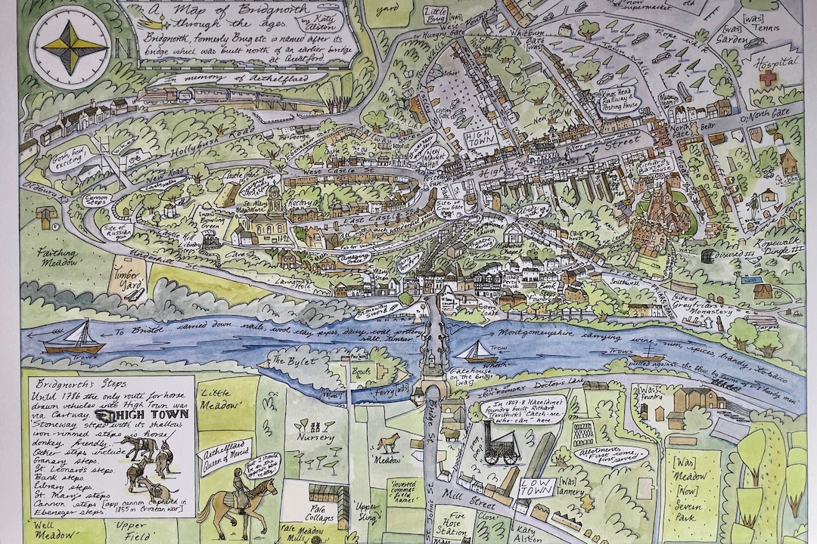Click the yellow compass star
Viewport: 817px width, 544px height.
(69, 47)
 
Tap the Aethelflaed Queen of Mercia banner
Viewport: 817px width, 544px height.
(213, 457)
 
